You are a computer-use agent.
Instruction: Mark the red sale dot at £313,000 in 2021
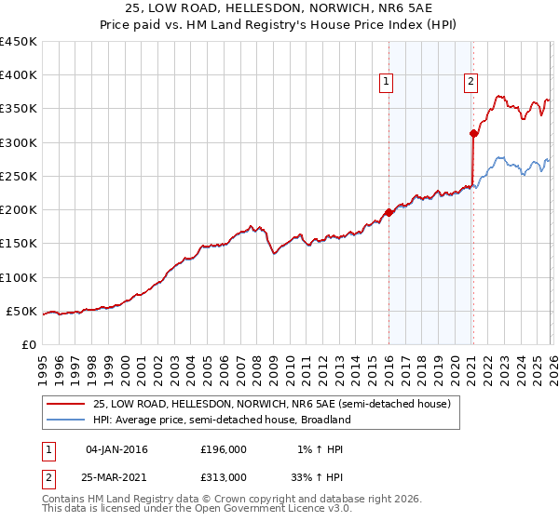(473, 134)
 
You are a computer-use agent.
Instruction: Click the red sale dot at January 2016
(389, 212)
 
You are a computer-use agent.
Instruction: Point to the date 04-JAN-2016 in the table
(116, 449)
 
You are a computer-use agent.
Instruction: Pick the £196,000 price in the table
(224, 449)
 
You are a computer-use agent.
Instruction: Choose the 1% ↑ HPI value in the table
(320, 449)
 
